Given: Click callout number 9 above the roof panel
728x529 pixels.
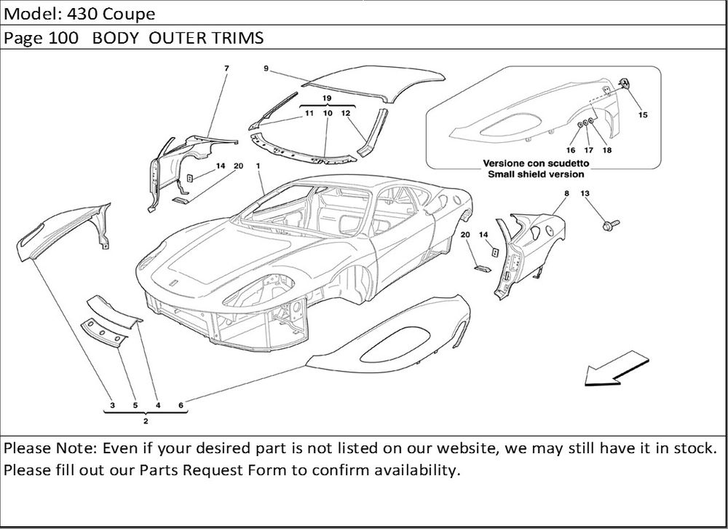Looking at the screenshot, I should (266, 68).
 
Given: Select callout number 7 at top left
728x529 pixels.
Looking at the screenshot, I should (226, 68).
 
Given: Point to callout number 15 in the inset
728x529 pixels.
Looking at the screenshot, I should (643, 114).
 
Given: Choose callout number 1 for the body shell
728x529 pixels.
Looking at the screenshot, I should (258, 166).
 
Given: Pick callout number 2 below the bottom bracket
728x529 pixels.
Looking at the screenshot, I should (146, 422).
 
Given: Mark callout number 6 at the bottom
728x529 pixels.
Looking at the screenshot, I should (180, 405).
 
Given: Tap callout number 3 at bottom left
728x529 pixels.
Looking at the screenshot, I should (112, 405).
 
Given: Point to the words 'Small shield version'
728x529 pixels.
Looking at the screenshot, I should (536, 175).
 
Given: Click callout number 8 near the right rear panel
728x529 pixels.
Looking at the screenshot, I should (566, 193).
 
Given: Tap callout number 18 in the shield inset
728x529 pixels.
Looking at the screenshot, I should (607, 150).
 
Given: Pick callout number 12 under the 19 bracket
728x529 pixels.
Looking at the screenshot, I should (346, 114).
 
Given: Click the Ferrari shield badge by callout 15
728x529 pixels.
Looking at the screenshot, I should (624, 83).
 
